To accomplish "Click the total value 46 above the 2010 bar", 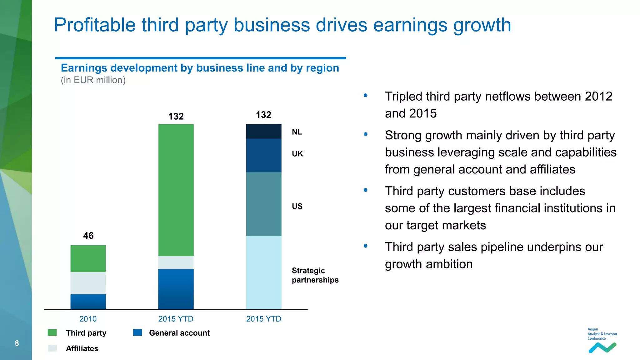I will pos(88,236).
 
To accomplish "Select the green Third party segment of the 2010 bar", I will pos(88,258).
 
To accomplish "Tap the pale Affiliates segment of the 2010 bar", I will pos(88,283).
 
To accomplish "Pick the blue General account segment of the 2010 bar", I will pos(88,302).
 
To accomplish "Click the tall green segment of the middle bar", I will pos(176,190).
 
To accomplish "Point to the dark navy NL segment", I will pos(264,131).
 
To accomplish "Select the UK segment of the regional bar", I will pos(264,155).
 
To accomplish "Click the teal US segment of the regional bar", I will pos(264,204).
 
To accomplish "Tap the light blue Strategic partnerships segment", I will pos(264,272).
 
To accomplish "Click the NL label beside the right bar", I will pos(297,132).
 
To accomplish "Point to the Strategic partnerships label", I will pos(315,275).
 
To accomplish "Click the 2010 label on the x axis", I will pos(88,319).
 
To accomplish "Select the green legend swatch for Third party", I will pos(52,332).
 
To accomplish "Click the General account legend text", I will pos(179,333).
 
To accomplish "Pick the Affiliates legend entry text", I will pos(82,348).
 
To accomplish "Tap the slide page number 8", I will pos(17,343).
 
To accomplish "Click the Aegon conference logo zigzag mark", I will pos(602,347).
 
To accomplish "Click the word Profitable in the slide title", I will pos(95,25).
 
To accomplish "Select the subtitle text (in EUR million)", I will pos(93,80).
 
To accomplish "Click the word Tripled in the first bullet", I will pos(403,97).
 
